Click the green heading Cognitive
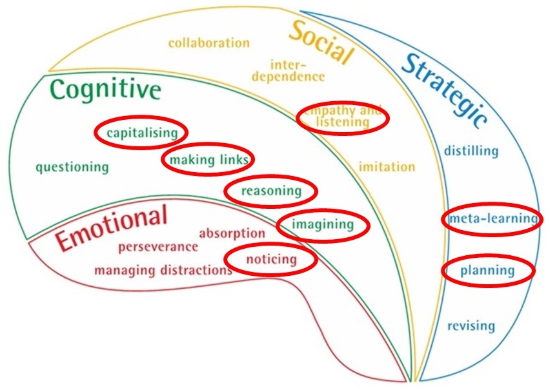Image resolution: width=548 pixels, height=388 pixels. [x=105, y=90]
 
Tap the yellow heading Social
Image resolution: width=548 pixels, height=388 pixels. [x=321, y=42]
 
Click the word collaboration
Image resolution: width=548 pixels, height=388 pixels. [x=208, y=43]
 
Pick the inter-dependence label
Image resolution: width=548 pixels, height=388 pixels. [x=288, y=70]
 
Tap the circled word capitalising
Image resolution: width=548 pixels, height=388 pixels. [x=141, y=133]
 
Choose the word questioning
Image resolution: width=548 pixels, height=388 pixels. [x=72, y=167]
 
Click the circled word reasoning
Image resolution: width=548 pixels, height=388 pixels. [x=271, y=191]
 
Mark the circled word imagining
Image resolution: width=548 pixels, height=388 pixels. [x=323, y=224]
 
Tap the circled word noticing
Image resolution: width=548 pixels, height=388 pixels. [x=271, y=259]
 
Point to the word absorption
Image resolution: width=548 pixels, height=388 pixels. [x=232, y=233]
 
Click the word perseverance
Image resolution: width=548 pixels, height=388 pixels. [x=158, y=246]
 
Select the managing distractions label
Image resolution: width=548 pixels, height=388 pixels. [x=163, y=269]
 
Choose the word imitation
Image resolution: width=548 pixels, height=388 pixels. [x=387, y=167]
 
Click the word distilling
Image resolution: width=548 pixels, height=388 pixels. [x=471, y=151]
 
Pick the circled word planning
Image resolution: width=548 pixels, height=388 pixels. [x=487, y=271]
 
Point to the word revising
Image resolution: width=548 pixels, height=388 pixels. [x=471, y=325]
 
